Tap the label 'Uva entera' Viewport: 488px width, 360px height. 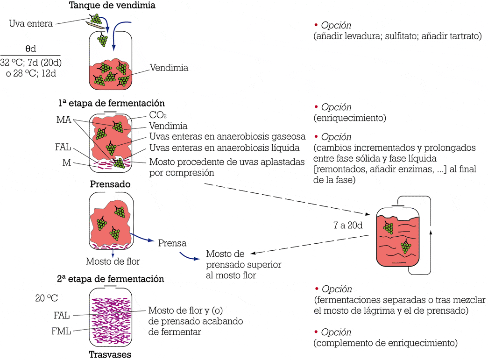(x=31, y=23)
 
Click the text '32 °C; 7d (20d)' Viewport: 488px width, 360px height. (x=31, y=62)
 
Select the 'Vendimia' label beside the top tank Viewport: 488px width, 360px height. (x=169, y=68)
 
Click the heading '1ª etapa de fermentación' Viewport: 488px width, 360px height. (x=111, y=103)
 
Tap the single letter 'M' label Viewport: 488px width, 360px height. (x=66, y=162)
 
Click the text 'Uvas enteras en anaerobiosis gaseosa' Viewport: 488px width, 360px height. (x=227, y=136)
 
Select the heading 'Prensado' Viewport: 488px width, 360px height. (x=110, y=184)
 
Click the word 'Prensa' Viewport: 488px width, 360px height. (x=172, y=243)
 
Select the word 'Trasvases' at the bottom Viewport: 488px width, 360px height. (x=110, y=354)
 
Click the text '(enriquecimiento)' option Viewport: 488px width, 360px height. (x=350, y=118)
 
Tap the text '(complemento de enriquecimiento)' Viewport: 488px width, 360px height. (x=386, y=343)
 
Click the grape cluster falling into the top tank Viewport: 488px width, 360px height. (x=102, y=40)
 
